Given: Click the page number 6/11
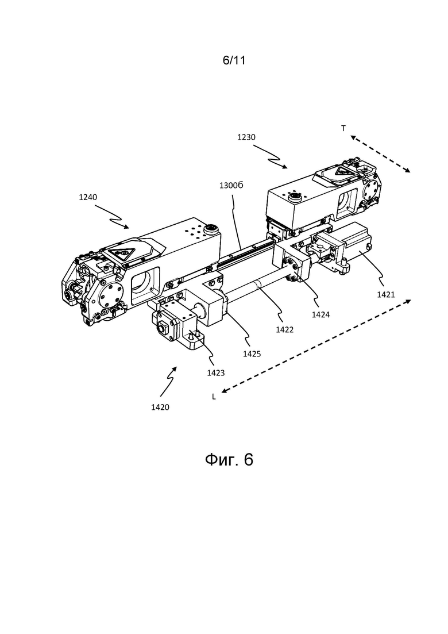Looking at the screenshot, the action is click(x=234, y=61).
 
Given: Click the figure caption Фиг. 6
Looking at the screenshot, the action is click(x=229, y=460).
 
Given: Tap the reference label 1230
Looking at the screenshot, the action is click(x=246, y=137).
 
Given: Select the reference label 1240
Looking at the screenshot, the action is click(x=88, y=197).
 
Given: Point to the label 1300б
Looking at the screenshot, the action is click(x=231, y=186).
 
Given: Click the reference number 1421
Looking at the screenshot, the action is click(x=386, y=295).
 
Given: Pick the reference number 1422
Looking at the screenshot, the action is click(x=284, y=330).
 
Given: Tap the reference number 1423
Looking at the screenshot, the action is click(x=216, y=373).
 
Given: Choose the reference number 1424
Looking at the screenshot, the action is click(x=320, y=314).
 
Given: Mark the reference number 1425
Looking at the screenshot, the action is click(x=252, y=354).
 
